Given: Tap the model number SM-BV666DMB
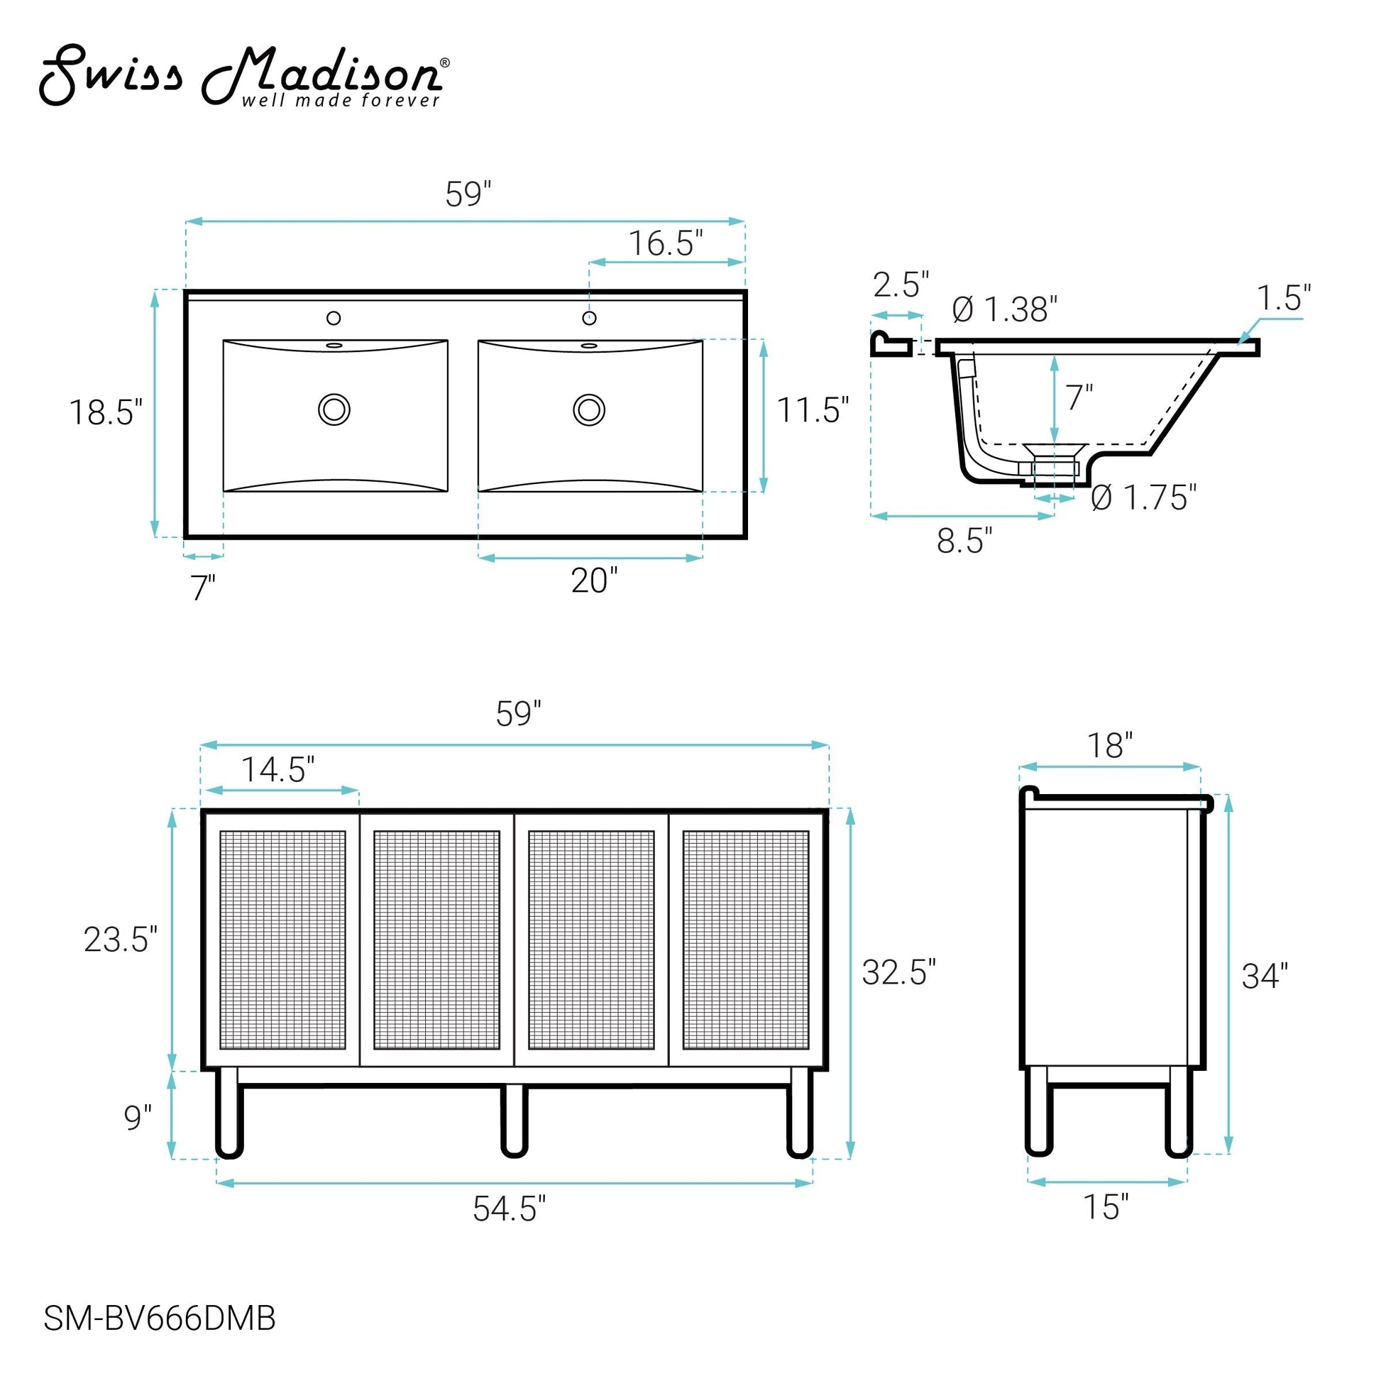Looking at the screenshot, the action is point(160,1319).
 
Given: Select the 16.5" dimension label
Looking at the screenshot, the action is point(666,243).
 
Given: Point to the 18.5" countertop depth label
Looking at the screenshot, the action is point(106,412).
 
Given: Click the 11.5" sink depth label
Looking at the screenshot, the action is point(813,410).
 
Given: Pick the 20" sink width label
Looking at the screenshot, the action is point(594,581).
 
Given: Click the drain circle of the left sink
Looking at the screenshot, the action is point(334,409).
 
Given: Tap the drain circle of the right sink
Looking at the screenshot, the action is point(589,409).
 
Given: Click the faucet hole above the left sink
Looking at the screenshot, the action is point(334,318).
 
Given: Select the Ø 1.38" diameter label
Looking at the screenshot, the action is point(1004,309).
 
